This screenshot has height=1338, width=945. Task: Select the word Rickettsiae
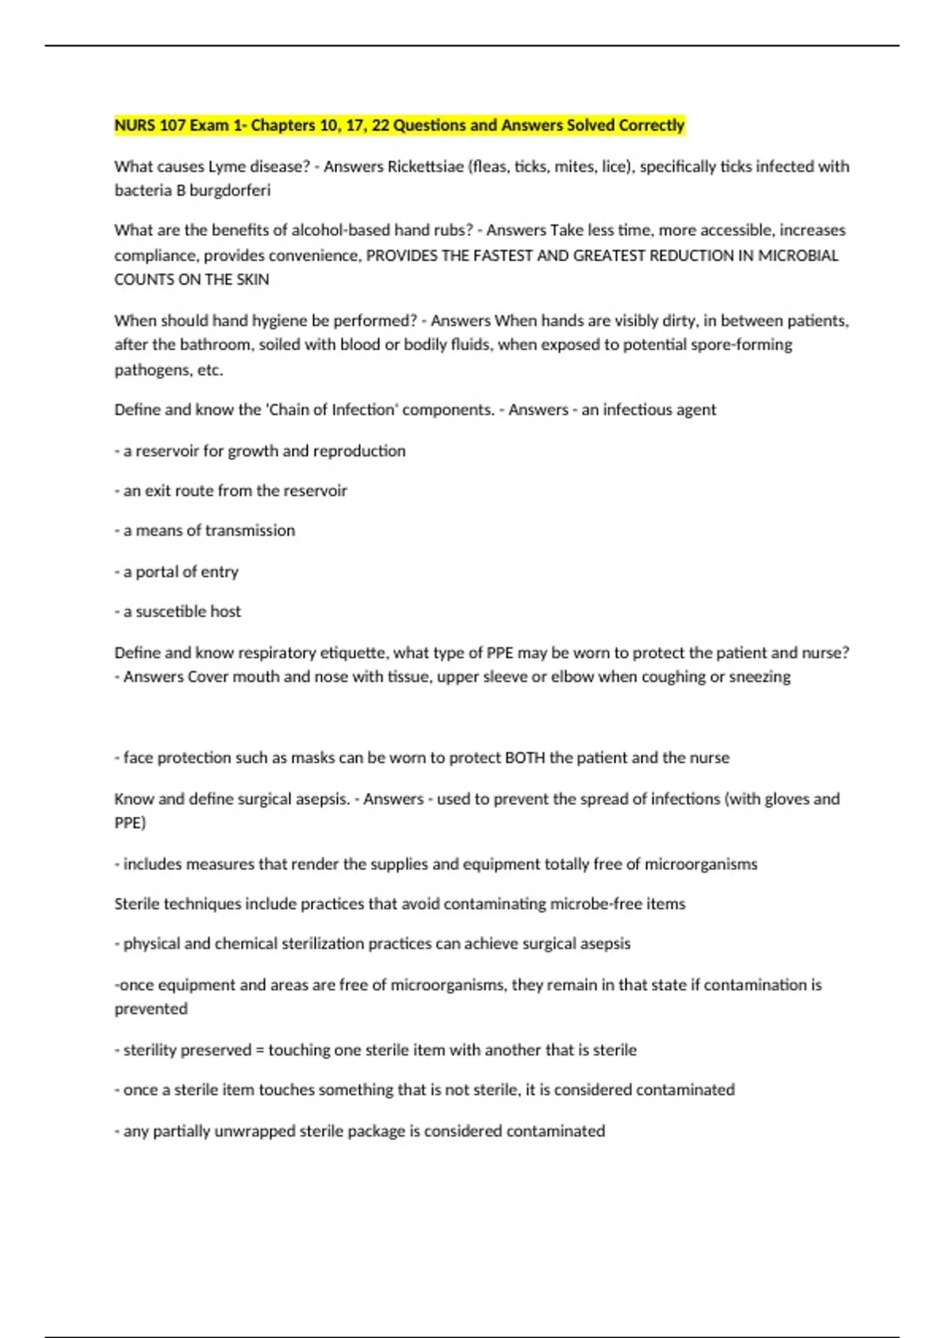425,167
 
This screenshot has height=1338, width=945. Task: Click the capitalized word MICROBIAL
798,256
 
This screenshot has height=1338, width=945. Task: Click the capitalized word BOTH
524,758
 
